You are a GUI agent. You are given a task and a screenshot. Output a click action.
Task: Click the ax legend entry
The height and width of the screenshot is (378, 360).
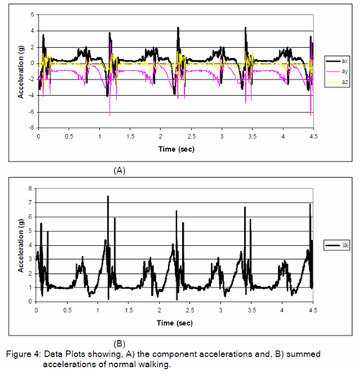click(x=337, y=61)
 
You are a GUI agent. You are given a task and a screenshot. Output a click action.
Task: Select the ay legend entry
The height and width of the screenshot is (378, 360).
click(x=337, y=72)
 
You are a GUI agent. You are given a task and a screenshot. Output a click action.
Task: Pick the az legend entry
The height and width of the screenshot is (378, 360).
click(x=337, y=82)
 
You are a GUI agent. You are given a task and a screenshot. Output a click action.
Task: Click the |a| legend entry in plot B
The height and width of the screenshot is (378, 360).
click(x=337, y=246)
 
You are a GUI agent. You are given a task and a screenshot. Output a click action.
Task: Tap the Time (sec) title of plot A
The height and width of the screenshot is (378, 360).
click(x=176, y=150)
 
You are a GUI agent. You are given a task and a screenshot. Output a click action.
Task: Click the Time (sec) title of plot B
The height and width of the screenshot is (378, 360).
click(x=175, y=323)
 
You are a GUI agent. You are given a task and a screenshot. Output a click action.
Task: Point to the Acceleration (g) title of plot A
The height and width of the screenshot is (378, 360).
click(x=20, y=72)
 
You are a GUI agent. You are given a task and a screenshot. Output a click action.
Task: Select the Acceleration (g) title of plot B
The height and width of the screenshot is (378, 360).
click(x=20, y=246)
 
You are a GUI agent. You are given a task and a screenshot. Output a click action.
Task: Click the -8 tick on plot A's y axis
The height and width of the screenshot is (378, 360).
click(x=32, y=128)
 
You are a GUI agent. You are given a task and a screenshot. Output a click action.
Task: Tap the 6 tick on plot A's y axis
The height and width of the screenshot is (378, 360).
click(x=32, y=14)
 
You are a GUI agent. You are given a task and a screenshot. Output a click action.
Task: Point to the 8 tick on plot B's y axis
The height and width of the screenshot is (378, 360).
click(x=30, y=188)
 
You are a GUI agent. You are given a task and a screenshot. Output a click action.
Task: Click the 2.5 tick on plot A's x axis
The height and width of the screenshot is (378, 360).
click(x=191, y=136)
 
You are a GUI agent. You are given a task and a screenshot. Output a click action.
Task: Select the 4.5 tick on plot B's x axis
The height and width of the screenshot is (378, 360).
click(x=313, y=310)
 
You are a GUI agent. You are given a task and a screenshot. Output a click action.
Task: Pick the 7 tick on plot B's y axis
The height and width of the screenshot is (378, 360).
click(x=30, y=202)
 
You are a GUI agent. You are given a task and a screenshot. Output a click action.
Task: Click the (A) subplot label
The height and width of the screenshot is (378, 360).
click(x=120, y=170)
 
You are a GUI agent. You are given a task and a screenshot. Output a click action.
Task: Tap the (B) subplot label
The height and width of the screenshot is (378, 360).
click(x=120, y=343)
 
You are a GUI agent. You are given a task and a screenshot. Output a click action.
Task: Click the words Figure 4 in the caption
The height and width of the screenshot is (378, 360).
click(x=24, y=354)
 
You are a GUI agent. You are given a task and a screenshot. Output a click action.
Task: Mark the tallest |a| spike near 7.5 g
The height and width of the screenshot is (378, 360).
click(x=108, y=196)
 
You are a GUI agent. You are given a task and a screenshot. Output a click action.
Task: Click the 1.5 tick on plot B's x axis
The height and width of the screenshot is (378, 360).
click(x=128, y=310)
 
